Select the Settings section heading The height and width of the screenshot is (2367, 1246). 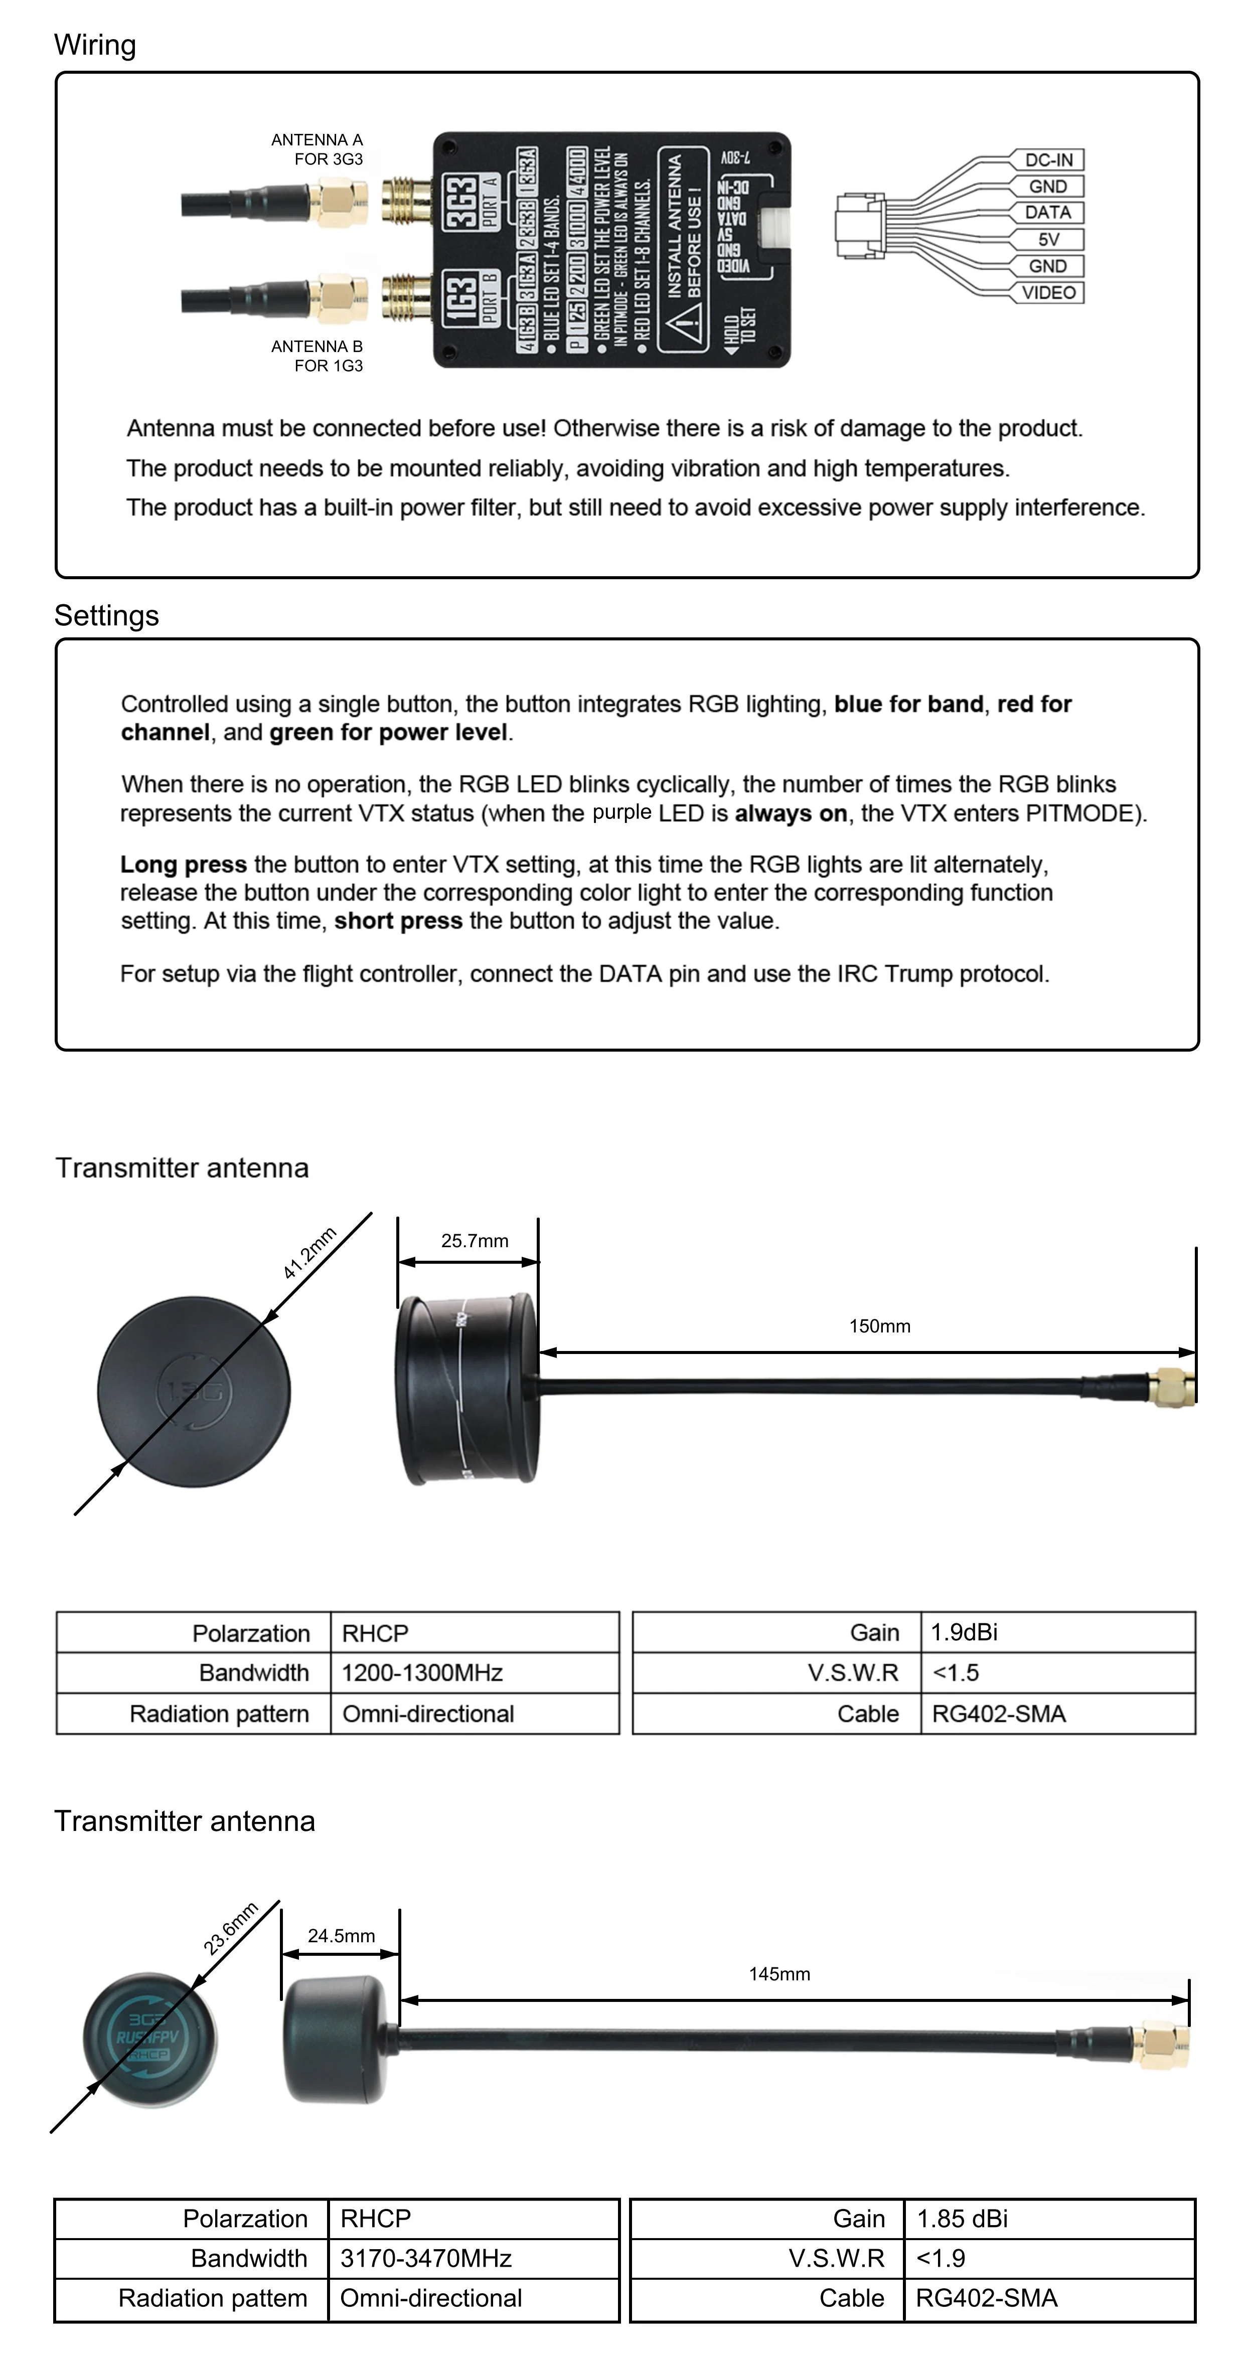pos(106,616)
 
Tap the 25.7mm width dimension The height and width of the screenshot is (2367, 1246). pos(474,1241)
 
